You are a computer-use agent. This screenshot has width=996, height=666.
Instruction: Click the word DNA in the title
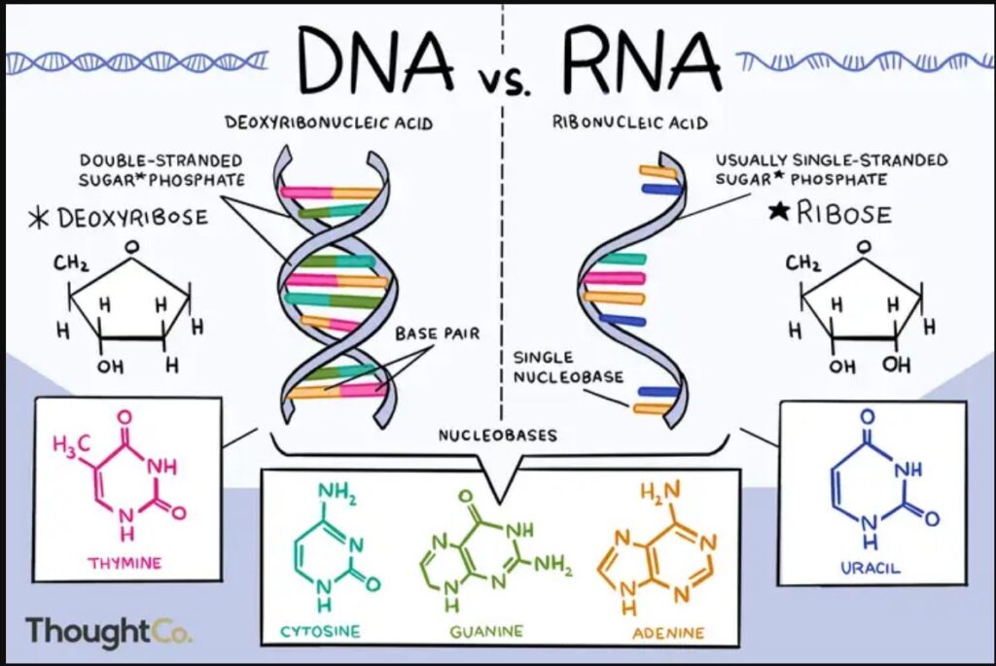click(376, 58)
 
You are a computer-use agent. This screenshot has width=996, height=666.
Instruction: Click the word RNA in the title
click(642, 58)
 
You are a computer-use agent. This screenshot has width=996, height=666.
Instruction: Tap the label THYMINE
click(124, 563)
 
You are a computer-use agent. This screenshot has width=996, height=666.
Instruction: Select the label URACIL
click(871, 568)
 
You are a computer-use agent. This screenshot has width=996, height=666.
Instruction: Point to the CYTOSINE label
click(321, 631)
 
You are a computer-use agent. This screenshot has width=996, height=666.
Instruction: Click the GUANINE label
click(486, 631)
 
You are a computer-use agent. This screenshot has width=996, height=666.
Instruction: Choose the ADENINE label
click(668, 632)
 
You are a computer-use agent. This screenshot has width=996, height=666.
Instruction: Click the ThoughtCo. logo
click(108, 630)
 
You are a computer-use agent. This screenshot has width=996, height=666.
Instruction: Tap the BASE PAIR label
click(438, 333)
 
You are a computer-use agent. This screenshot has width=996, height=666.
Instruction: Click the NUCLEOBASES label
click(497, 435)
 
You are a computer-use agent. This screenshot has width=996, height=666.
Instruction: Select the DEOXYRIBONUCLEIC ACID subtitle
click(329, 122)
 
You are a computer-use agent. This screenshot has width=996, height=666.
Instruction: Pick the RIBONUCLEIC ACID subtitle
click(630, 122)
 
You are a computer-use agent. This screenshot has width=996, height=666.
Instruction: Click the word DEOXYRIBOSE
click(132, 217)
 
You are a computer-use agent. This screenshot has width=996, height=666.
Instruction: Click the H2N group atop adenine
click(660, 489)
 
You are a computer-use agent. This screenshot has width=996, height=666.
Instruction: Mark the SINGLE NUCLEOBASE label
click(568, 368)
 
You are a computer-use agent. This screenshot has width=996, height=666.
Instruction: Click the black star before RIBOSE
click(779, 211)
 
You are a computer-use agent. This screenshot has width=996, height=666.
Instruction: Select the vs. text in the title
click(506, 82)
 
